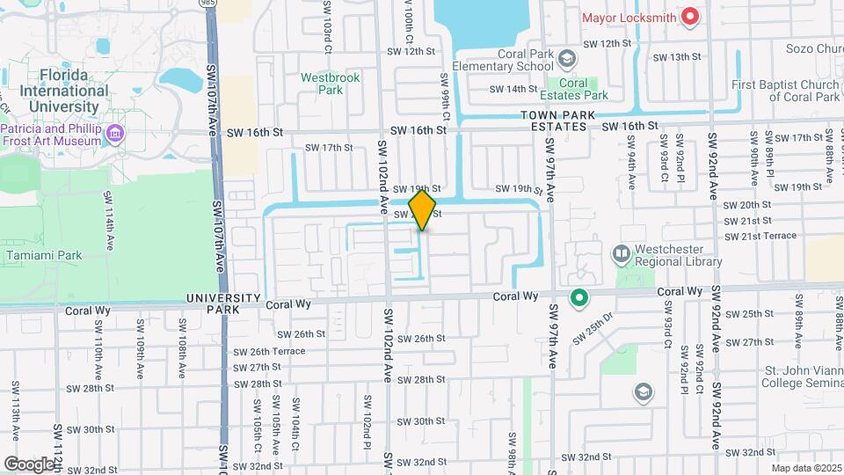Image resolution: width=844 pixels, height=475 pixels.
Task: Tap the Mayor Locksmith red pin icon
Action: (x=691, y=16)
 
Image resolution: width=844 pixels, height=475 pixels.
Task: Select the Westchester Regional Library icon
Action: (x=622, y=255)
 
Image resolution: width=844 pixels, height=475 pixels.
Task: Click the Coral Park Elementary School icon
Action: (x=568, y=59)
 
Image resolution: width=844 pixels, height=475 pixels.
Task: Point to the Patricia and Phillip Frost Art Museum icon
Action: (x=114, y=134)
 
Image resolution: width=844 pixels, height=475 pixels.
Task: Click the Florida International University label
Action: (x=58, y=91)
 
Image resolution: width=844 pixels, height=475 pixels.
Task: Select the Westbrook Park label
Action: (x=331, y=84)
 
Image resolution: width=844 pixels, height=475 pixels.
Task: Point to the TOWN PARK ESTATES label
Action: (x=557, y=121)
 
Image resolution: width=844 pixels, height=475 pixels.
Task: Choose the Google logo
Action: (x=28, y=464)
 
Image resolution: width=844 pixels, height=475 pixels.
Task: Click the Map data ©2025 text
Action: (x=806, y=468)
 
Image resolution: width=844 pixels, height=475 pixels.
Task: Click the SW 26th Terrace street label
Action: (x=269, y=351)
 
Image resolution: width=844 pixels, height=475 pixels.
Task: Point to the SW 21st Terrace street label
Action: (x=760, y=236)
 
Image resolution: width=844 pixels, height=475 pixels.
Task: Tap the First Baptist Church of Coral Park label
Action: (x=785, y=91)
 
